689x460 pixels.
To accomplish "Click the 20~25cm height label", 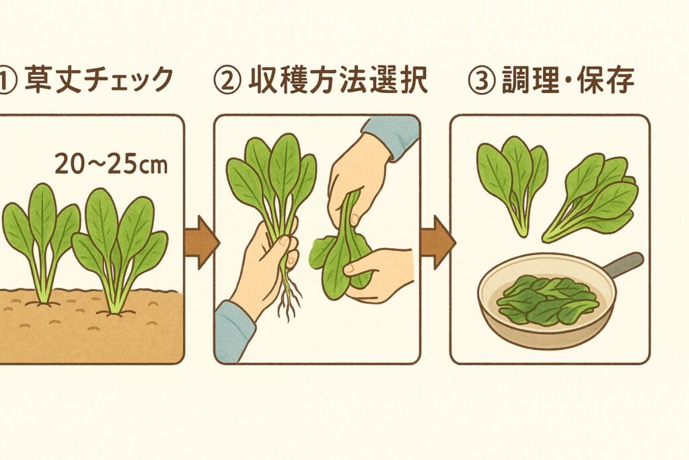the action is [111, 164].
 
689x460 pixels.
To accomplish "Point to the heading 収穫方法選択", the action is [338, 80].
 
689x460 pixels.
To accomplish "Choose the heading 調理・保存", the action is [568, 80].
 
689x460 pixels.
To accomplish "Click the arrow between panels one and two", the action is [201, 242].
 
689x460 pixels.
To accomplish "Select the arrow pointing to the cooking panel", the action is [437, 242].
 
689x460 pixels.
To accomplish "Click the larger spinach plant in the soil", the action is [120, 251].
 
